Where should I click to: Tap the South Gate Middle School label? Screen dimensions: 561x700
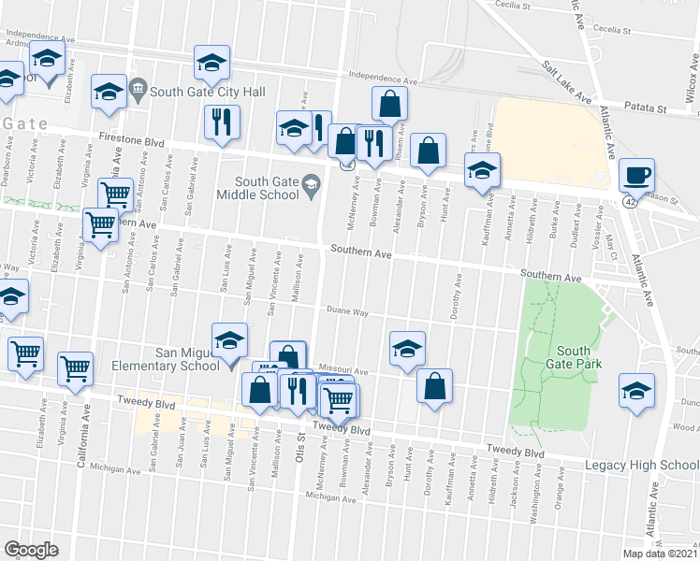pos(267,188)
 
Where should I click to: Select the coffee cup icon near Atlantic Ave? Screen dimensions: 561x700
pos(636,175)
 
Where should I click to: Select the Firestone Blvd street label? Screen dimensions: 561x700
pos(131,141)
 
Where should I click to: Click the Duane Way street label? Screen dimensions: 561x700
pos(347,311)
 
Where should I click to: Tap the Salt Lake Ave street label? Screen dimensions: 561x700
pos(568,82)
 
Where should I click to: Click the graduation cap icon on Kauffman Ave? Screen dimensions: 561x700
pos(482,171)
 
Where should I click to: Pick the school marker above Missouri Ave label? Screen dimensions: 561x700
pos(407,350)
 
